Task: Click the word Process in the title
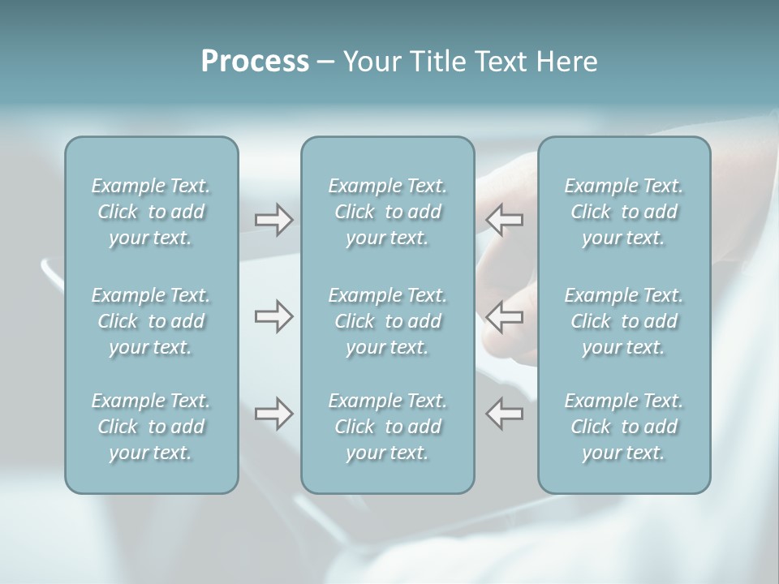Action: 255,62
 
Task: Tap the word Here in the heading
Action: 566,62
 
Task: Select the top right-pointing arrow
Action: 273,220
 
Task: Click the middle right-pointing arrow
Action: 273,316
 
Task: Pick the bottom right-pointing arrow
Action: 273,414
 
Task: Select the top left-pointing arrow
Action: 504,220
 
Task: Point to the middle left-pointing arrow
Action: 504,316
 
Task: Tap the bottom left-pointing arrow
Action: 504,414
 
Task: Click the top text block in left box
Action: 151,212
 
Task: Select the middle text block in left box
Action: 151,321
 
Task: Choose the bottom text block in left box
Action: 151,427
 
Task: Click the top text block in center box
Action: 388,212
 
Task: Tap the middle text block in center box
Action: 388,321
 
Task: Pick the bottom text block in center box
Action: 388,427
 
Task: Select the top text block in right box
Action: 624,212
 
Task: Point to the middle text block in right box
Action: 624,321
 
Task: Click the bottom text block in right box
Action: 624,427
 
